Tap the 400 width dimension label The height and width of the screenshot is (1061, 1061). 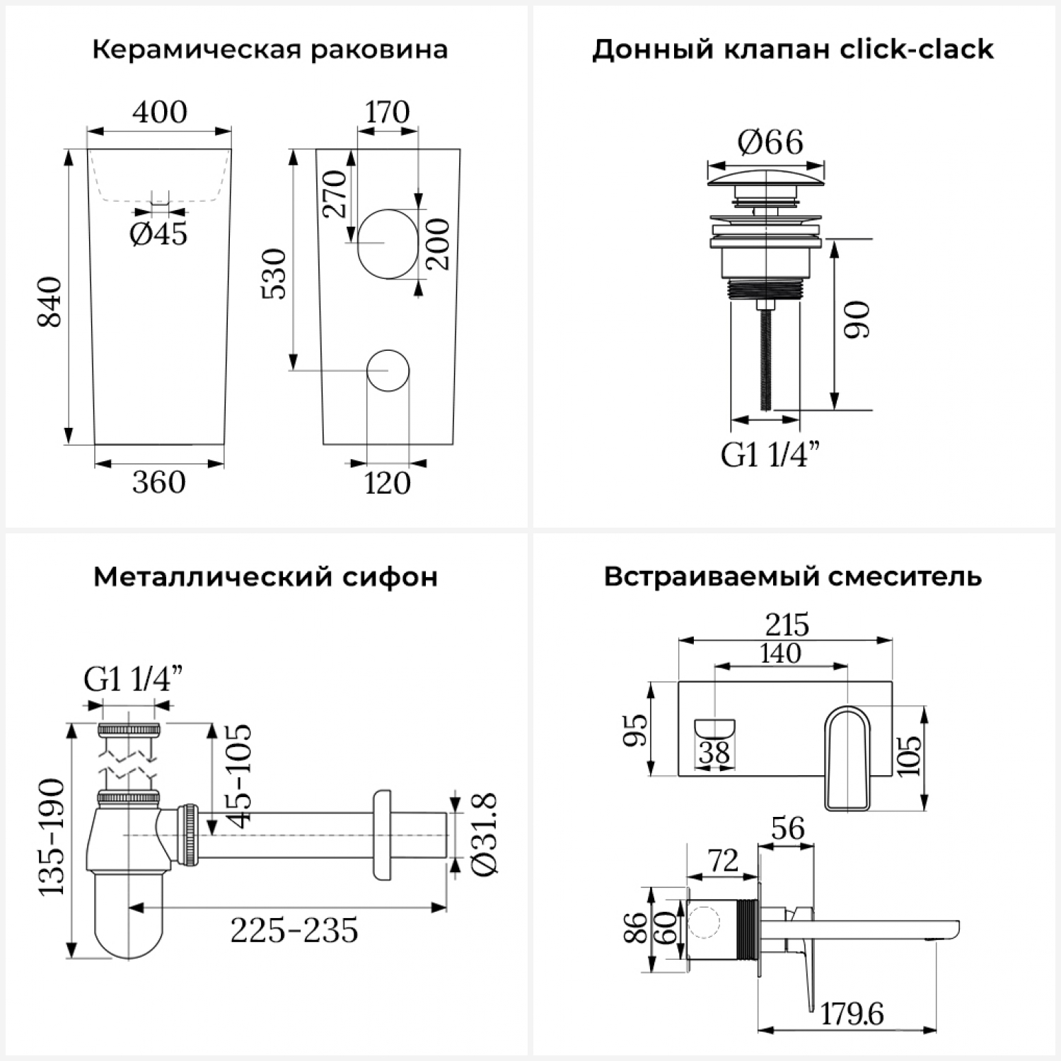pos(160,112)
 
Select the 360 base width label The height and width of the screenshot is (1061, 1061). pos(159,482)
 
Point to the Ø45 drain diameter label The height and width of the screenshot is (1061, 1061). pos(158,233)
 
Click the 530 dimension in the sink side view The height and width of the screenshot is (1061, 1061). pos(274,274)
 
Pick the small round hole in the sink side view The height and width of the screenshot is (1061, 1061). pos(388,371)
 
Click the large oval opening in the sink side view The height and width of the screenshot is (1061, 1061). pos(388,243)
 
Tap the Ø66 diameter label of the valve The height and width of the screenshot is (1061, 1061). pos(770,143)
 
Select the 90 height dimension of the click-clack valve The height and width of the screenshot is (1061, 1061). pos(857,320)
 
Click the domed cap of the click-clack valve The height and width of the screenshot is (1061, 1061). pos(766,175)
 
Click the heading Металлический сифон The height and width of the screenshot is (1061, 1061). pos(265,577)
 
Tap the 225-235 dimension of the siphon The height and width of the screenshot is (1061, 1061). pos(294,931)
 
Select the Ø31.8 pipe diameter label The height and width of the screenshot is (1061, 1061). pos(485,835)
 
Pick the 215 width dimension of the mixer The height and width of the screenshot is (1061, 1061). pos(787,625)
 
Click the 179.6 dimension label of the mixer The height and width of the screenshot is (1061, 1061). pos(852,1014)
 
